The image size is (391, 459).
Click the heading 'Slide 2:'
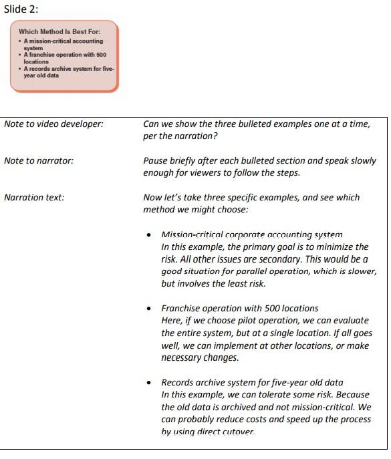point(21,9)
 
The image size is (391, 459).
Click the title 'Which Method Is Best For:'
point(59,31)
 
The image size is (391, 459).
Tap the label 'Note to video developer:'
point(53,124)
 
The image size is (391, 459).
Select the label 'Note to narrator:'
point(38,160)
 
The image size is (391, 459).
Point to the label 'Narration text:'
point(34,197)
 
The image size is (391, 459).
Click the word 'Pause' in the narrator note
point(156,160)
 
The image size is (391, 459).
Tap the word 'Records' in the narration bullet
point(178,382)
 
